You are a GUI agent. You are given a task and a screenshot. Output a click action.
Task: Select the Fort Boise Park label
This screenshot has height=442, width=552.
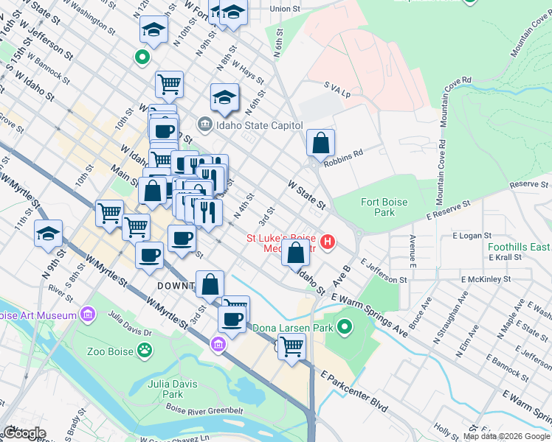point(378,207)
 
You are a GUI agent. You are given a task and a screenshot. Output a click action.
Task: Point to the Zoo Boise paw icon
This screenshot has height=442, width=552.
point(145,351)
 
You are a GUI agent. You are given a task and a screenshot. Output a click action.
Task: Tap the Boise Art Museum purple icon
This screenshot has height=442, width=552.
point(88,315)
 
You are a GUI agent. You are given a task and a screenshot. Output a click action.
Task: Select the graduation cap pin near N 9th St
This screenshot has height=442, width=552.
point(48,234)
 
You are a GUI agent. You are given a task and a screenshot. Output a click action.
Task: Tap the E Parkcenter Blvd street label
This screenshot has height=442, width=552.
point(353,390)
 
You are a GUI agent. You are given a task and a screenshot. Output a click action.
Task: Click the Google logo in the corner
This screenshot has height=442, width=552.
point(24,433)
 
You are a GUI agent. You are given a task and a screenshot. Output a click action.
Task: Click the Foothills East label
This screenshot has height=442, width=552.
point(518,248)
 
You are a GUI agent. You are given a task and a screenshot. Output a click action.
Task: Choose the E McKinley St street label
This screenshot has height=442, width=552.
point(486,280)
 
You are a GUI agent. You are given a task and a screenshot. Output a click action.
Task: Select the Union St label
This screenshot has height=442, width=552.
point(286,9)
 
